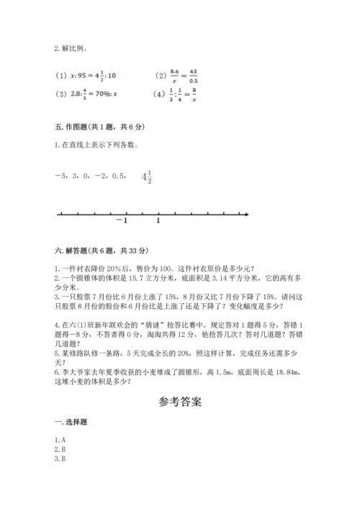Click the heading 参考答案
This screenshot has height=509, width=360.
[x=179, y=401]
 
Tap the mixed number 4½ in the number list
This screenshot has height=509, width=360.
[x=147, y=178]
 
